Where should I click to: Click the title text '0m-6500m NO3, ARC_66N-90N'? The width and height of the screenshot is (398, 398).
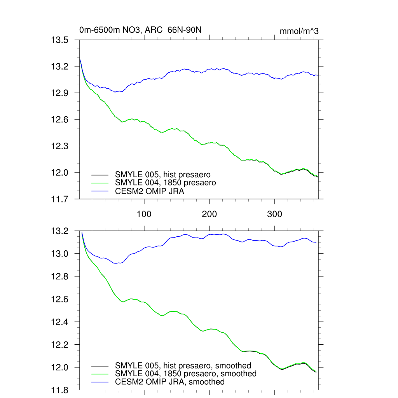[140, 30]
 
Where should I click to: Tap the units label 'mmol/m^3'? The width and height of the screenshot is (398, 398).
[299, 31]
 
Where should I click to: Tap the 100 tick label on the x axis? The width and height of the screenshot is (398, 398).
[144, 214]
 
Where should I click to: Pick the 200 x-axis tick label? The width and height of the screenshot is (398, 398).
[209, 214]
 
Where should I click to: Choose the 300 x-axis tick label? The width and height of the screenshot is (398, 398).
[275, 214]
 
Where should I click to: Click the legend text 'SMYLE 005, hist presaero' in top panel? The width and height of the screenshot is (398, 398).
[163, 175]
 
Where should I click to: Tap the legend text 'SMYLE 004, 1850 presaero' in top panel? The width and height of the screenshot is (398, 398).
[165, 182]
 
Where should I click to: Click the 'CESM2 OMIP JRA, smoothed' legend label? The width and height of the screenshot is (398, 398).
[170, 382]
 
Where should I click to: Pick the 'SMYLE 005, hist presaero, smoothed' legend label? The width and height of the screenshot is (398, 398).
[183, 365]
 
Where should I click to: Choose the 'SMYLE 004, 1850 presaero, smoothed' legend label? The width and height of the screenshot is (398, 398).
[186, 374]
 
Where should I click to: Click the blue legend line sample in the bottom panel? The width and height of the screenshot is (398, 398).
[99, 382]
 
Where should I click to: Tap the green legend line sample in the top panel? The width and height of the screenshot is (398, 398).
[99, 183]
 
